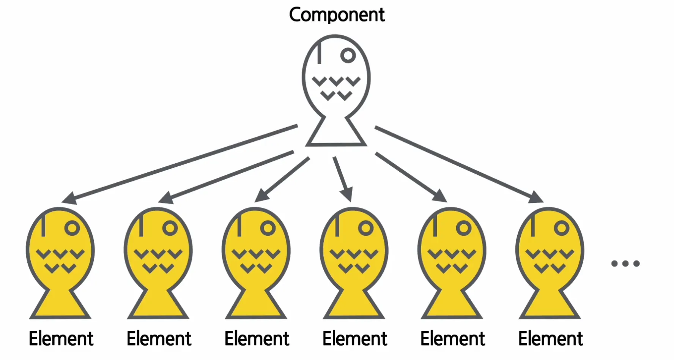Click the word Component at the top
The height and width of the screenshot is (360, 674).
click(x=337, y=15)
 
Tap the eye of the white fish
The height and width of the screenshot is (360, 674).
click(x=348, y=55)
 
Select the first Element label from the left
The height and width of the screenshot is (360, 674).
click(x=61, y=338)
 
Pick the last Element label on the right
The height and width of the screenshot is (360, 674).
click(x=550, y=338)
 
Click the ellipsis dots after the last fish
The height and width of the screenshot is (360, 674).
click(x=625, y=263)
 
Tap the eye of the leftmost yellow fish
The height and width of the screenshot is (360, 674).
click(x=72, y=228)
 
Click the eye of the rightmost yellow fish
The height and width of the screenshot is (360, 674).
click(x=561, y=228)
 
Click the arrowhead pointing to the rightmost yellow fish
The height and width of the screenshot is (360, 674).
click(x=537, y=197)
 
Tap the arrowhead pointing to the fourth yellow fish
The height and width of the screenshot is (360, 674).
click(x=347, y=194)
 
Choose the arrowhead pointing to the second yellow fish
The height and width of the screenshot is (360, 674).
click(x=165, y=198)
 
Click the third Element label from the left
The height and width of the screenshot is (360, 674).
click(x=257, y=338)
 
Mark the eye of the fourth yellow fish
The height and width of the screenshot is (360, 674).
click(x=365, y=228)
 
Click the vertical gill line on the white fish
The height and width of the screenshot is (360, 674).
click(x=319, y=52)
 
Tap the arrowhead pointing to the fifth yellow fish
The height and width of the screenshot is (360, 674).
click(x=440, y=196)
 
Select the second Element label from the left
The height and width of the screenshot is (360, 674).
click(x=159, y=338)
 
